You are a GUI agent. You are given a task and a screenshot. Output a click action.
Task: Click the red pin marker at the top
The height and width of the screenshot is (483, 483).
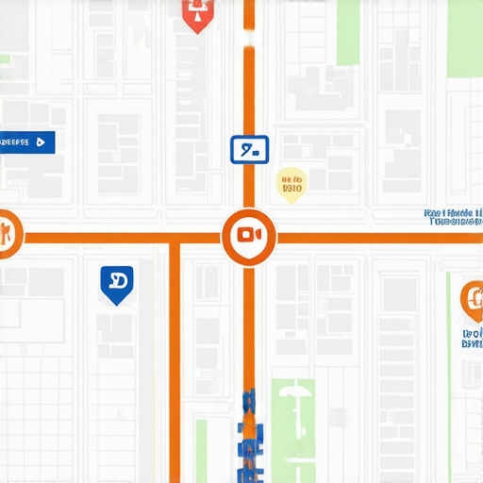pyautogui.click(x=196, y=13)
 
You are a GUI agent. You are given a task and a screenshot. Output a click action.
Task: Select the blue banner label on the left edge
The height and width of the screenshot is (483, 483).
pyautogui.click(x=26, y=142)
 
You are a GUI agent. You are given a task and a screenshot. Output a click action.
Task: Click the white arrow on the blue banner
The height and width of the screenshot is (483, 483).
pyautogui.click(x=40, y=142)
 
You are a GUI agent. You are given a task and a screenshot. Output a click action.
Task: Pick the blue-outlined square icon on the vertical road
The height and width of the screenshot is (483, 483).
pyautogui.click(x=250, y=149)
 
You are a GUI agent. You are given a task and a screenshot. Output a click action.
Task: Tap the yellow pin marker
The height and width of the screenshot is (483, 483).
pyautogui.click(x=291, y=185)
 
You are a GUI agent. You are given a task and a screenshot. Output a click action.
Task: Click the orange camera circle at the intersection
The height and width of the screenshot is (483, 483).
pyautogui.click(x=249, y=235)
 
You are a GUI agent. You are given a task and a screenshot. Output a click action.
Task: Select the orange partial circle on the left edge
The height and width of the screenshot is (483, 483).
pyautogui.click(x=8, y=234)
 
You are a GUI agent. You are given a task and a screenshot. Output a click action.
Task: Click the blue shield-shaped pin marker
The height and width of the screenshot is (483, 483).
pyautogui.click(x=116, y=284)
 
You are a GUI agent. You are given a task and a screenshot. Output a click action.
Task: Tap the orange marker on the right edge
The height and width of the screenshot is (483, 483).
pyautogui.click(x=471, y=300)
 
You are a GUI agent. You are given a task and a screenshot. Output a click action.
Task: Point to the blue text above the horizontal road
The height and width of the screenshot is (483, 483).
pyautogui.click(x=453, y=218)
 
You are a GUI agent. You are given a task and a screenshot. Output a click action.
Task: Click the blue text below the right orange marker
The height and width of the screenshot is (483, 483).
pyautogui.click(x=472, y=339)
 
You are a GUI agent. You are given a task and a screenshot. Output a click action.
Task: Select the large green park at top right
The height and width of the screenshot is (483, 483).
pyautogui.click(x=348, y=32)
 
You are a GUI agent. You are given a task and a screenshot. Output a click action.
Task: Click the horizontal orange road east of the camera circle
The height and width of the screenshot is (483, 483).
pyautogui.click(x=377, y=237)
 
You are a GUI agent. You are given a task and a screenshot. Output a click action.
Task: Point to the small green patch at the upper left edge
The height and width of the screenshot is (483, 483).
pyautogui.click(x=5, y=59)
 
